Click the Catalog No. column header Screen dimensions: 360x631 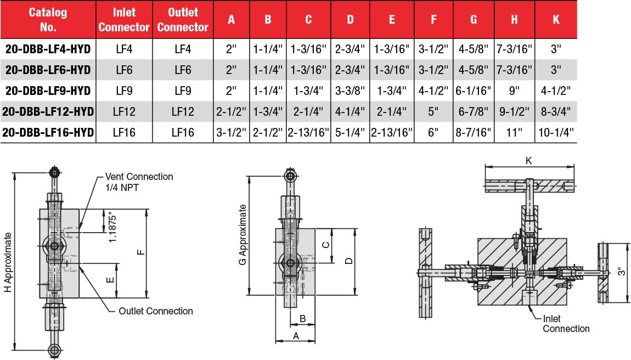[48, 19]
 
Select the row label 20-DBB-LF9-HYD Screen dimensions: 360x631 [48, 91]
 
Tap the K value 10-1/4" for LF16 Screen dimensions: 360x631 [556, 132]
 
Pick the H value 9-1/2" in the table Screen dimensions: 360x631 [514, 111]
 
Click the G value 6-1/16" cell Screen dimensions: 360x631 [474, 91]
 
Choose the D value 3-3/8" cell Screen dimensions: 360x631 [350, 91]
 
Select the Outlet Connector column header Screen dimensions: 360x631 [183, 19]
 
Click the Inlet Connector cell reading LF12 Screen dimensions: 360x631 [124, 111]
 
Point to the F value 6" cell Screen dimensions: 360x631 [433, 132]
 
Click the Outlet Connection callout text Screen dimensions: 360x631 [156, 311]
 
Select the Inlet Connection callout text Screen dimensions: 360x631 [566, 324]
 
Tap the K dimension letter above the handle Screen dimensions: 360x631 [528, 160]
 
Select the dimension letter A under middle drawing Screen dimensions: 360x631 [295, 335]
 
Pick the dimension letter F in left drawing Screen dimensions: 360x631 [140, 252]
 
